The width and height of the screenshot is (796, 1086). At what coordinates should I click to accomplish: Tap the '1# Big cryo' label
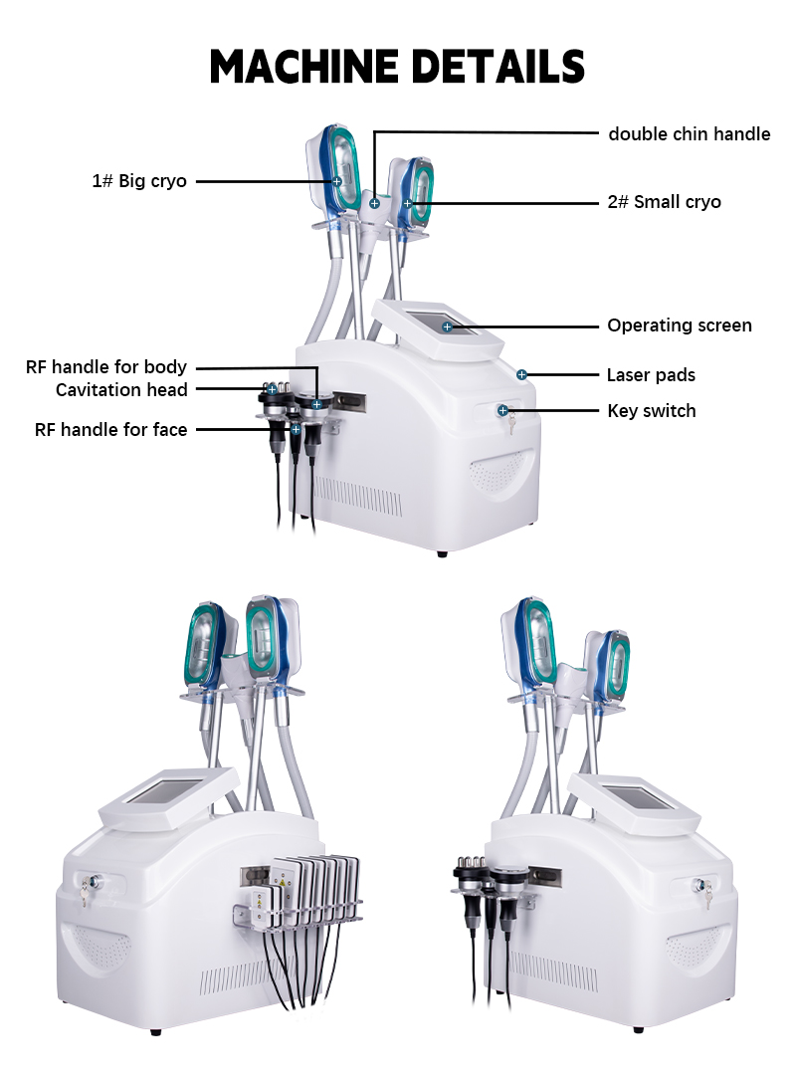point(139,181)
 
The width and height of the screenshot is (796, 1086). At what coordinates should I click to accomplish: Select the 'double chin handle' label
point(689,133)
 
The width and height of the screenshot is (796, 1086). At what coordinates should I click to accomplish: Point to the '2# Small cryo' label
point(664,202)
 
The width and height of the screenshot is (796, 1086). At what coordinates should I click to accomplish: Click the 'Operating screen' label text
point(680,326)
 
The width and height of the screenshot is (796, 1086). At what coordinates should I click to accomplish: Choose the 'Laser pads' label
point(651,375)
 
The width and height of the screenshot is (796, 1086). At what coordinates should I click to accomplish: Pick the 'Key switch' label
point(652,410)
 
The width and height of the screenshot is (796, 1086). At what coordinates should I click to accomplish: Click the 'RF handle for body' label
point(106,367)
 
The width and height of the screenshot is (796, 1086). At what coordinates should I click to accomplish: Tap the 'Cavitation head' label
point(121,389)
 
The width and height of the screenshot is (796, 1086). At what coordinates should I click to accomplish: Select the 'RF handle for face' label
point(111,429)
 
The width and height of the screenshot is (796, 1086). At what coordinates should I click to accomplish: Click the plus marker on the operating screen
point(447,326)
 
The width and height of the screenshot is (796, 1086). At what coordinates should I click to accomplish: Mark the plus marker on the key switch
point(503,410)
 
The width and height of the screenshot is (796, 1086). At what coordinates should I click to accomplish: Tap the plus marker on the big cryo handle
point(337,181)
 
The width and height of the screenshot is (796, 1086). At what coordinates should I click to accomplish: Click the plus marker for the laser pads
point(521,374)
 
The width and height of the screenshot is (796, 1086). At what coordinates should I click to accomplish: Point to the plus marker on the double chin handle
point(374,203)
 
